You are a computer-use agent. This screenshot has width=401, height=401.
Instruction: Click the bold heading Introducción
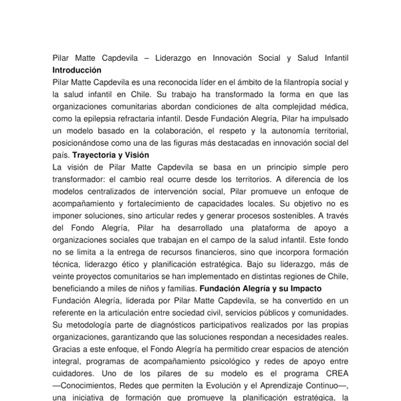click(77, 70)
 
